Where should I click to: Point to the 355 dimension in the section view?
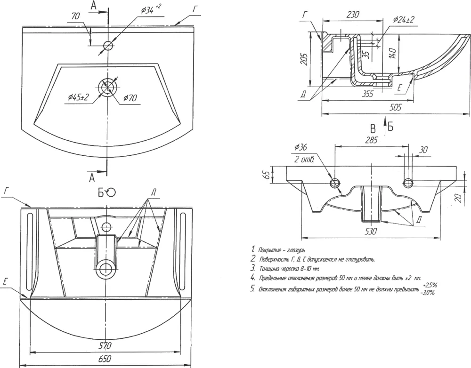point(368,94)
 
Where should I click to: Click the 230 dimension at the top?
point(352,15)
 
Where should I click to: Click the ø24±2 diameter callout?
point(404,20)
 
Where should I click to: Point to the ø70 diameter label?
point(130,98)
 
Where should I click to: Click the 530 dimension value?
point(372,231)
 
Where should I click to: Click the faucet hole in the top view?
point(108,45)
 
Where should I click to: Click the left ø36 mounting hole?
point(335,183)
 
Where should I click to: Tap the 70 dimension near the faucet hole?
point(76,16)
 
